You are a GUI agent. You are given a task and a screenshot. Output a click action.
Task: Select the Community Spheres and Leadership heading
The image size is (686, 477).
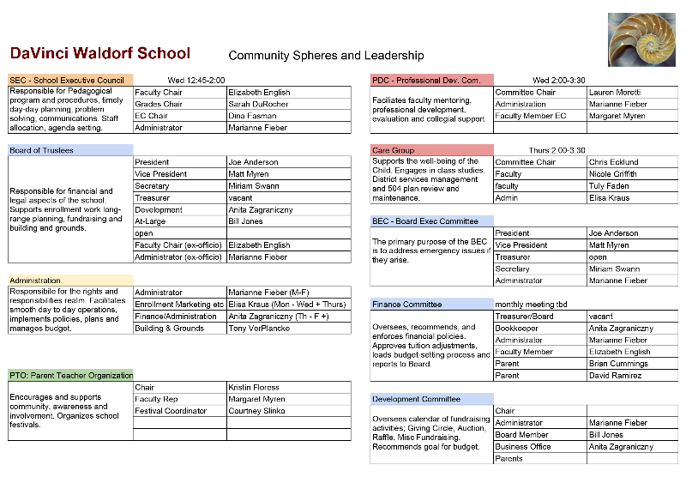click(326, 56)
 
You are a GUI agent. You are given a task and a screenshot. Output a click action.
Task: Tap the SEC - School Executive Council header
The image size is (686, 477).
click(68, 81)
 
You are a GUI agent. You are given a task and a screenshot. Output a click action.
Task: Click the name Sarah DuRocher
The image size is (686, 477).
click(258, 105)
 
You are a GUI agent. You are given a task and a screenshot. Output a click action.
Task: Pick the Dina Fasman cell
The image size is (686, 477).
click(251, 116)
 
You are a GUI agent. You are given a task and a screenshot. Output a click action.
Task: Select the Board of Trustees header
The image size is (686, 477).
click(42, 150)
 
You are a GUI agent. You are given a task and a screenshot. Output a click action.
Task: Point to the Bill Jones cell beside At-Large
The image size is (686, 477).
click(247, 221)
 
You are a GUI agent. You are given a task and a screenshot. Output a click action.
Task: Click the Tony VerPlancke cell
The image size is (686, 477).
click(260, 329)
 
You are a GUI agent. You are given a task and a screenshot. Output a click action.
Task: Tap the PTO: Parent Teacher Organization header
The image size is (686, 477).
click(72, 375)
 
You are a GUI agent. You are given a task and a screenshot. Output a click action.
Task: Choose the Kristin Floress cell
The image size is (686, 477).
click(255, 388)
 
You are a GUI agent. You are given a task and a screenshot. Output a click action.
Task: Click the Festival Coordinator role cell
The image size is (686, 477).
click(171, 411)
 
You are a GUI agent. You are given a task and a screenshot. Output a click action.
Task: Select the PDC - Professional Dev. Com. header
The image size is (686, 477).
click(426, 81)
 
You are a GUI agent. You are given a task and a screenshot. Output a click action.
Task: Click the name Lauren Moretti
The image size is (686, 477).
click(615, 93)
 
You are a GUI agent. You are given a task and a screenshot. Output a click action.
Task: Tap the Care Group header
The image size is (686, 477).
click(394, 150)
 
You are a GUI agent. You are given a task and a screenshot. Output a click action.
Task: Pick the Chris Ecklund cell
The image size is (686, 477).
click(614, 162)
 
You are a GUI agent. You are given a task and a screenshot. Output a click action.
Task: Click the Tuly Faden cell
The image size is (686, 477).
click(610, 186)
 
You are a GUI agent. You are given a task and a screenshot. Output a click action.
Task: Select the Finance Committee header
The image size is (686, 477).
click(407, 305)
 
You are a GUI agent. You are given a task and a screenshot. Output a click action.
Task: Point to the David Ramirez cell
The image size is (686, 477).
click(617, 376)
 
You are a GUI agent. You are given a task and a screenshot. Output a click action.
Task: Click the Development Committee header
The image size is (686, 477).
click(417, 399)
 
